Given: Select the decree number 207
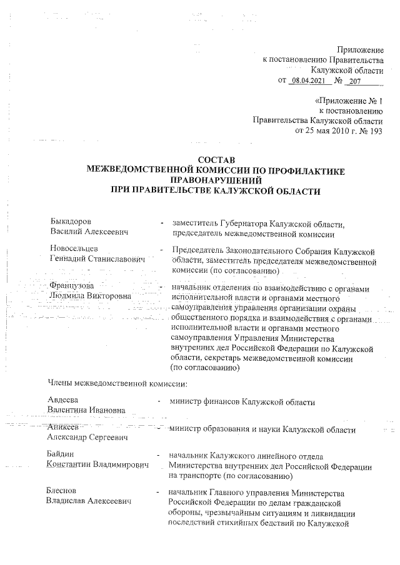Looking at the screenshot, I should [355, 81].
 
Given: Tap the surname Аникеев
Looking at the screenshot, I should [64, 427].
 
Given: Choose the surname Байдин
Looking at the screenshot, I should [61, 456].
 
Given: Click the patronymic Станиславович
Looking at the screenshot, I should [116, 258].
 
